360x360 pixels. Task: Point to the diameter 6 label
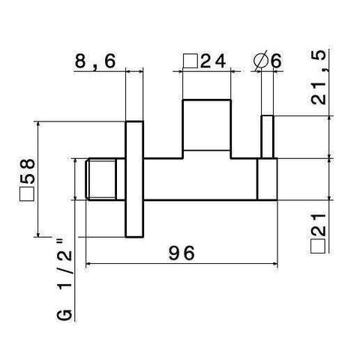274,61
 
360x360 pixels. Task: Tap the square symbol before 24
191,61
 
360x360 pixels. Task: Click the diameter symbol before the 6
260,61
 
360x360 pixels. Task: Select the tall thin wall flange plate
133,179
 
